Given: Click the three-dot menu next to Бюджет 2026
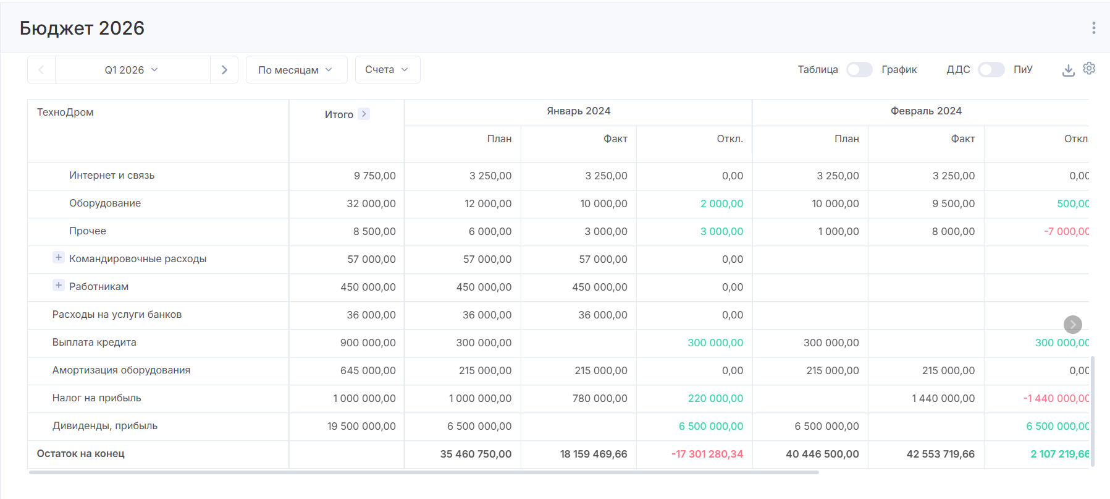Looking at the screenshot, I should (1093, 28).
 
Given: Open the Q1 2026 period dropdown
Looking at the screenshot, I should (132, 70).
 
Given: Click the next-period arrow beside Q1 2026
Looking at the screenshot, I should (224, 70).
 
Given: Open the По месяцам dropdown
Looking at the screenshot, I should (296, 70).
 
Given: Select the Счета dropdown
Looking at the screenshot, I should (387, 70).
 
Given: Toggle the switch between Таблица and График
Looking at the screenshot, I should (859, 70).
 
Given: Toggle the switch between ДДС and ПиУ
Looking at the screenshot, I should (991, 70).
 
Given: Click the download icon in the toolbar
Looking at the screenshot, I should (1068, 70).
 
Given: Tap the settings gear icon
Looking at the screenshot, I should (1089, 69).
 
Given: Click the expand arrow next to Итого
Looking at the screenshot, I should (364, 114).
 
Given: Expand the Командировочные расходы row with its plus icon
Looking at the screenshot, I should (59, 258).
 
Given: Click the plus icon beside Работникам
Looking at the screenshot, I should (59, 286).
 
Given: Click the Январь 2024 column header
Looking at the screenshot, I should (578, 111).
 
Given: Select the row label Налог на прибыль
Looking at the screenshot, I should (97, 398).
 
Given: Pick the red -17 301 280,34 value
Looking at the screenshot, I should (707, 454).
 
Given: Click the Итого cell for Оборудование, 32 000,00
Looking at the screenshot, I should (371, 203).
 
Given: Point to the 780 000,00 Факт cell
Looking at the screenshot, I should (599, 399).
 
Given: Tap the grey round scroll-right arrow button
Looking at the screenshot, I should (1072, 325).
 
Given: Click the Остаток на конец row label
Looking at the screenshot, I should (81, 454).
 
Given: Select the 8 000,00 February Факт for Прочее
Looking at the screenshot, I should (953, 232).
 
